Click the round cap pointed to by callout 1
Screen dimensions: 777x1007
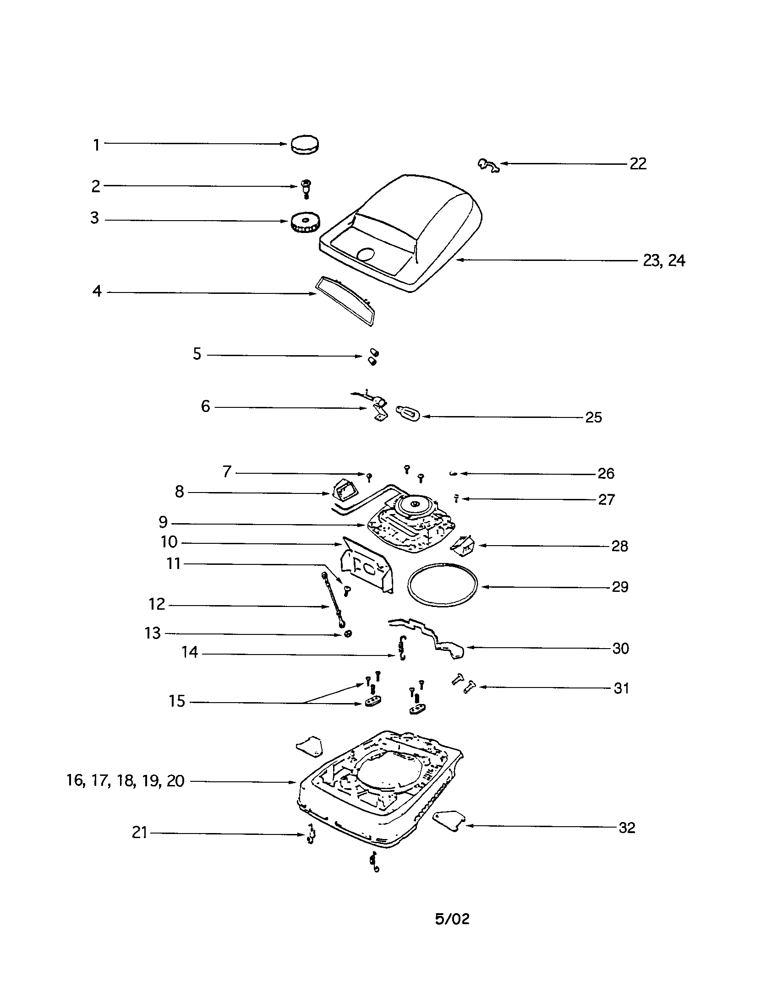coord(305,144)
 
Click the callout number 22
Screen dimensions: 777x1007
coord(638,164)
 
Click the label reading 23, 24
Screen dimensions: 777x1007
coord(664,260)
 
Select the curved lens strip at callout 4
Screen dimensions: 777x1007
coord(345,301)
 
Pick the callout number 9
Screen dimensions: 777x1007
coord(163,522)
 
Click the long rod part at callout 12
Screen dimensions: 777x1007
coord(333,600)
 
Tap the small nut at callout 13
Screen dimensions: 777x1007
coord(348,633)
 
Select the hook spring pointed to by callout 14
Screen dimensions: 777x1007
coord(403,647)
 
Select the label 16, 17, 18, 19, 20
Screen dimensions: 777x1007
coord(125,780)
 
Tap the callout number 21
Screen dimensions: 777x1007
coord(139,832)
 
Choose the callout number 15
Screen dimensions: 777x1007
coord(177,701)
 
